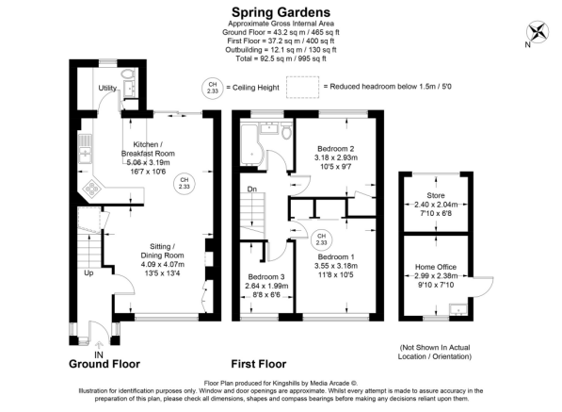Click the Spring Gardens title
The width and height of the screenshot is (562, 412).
(281, 12)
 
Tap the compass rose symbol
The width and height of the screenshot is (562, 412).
(538, 31)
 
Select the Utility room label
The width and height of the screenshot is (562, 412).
(107, 88)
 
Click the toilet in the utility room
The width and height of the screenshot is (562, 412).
(127, 74)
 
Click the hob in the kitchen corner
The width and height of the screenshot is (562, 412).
(92, 189)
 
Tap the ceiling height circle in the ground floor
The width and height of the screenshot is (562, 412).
(185, 183)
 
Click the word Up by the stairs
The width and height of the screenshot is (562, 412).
(88, 272)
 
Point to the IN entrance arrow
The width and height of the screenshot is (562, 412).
(99, 346)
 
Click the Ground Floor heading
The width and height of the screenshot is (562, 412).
(104, 364)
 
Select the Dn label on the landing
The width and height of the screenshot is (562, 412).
(252, 189)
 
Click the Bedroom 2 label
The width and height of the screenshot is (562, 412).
(336, 149)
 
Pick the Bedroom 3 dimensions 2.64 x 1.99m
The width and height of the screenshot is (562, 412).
(266, 286)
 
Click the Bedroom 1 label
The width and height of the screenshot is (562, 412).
(336, 257)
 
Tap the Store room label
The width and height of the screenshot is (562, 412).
(436, 195)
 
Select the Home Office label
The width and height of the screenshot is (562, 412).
(436, 267)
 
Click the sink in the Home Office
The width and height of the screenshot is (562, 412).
(458, 309)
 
